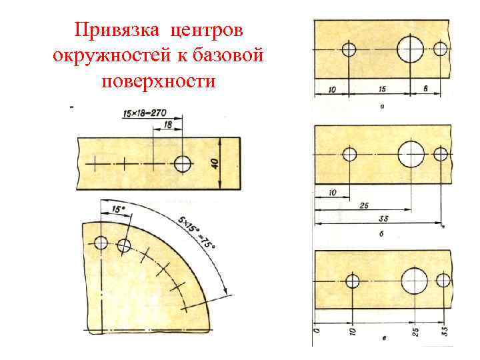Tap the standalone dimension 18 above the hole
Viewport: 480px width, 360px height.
tap(168, 125)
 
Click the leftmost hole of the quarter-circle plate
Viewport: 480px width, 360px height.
tap(101, 242)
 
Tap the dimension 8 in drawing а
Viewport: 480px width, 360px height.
tap(425, 88)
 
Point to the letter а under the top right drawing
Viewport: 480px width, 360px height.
tap(381, 107)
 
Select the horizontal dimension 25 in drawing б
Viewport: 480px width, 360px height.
tap(364, 206)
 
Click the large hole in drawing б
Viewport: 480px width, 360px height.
tap(411, 154)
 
